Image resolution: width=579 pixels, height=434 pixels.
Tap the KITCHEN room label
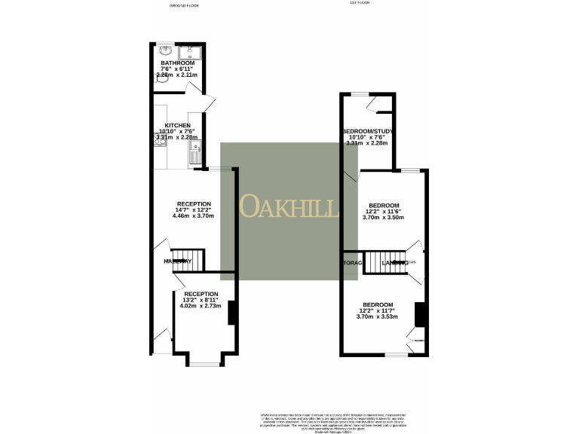click(x=178, y=125)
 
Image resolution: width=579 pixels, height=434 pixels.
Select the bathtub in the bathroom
click(x=190, y=52)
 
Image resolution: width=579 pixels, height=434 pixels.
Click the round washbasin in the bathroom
click(x=166, y=52)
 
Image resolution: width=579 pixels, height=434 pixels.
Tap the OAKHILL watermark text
click(x=289, y=206)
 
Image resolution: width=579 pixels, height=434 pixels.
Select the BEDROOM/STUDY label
click(x=366, y=131)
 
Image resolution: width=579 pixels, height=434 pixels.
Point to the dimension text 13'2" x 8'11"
click(x=201, y=300)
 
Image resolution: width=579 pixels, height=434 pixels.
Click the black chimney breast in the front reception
click(x=232, y=312)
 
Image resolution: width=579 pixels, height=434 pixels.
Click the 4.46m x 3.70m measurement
click(x=194, y=216)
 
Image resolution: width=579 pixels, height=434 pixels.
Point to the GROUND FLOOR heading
click(x=184, y=5)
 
